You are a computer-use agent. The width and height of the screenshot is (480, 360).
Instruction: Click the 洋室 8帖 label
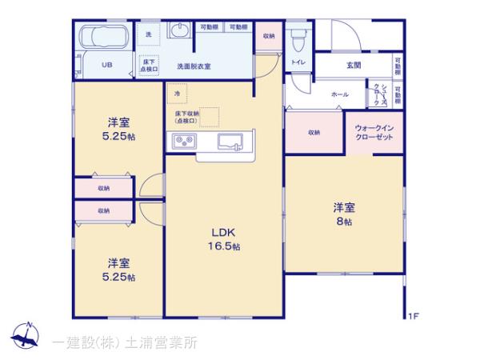(x=344, y=214)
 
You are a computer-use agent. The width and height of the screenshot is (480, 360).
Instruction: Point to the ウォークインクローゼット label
(x=374, y=132)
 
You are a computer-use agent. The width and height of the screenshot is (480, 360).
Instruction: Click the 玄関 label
(x=354, y=66)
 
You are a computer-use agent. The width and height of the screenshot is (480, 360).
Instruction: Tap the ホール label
(x=339, y=94)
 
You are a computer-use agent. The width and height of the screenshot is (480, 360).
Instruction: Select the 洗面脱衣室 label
(x=194, y=66)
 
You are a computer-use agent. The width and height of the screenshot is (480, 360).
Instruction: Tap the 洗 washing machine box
(x=150, y=34)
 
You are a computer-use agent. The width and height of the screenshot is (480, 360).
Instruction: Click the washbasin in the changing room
(x=179, y=32)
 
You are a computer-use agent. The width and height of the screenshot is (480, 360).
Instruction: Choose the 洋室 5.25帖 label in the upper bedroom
(x=121, y=130)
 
